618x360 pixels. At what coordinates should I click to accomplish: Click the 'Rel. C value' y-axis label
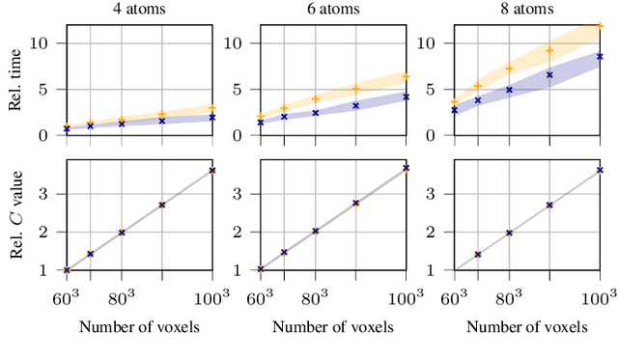(x=14, y=214)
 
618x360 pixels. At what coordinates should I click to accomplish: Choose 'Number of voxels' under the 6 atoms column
(x=333, y=326)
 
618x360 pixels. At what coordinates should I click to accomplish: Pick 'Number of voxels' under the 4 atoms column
(x=139, y=326)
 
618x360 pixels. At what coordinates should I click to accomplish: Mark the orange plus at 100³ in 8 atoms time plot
(x=600, y=25)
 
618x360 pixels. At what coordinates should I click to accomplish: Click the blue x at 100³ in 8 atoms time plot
(x=600, y=57)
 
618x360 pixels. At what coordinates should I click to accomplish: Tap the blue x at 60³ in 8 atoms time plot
(x=455, y=110)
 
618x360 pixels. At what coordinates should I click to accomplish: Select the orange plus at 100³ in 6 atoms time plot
(x=406, y=76)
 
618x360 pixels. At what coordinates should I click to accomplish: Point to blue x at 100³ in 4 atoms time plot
(x=211, y=117)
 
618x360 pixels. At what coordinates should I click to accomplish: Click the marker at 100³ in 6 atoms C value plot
(x=406, y=168)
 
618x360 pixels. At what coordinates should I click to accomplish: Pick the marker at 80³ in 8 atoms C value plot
(x=510, y=233)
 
